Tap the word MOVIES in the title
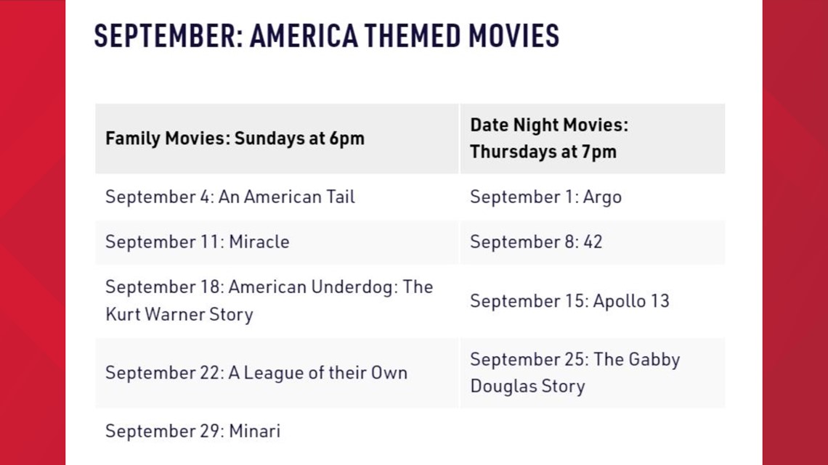pos(514,36)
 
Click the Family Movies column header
pos(277,139)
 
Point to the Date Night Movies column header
pos(593,139)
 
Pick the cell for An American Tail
pos(277,197)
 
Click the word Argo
pos(602,197)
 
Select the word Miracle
pos(259,242)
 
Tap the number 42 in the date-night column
pos(593,242)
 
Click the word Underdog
pos(352,287)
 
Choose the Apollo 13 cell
pos(593,301)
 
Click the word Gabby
pos(654,360)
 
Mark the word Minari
pos(254,431)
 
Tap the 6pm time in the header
pos(347,139)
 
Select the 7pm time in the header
pos(599,152)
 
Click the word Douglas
pos(503,386)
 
